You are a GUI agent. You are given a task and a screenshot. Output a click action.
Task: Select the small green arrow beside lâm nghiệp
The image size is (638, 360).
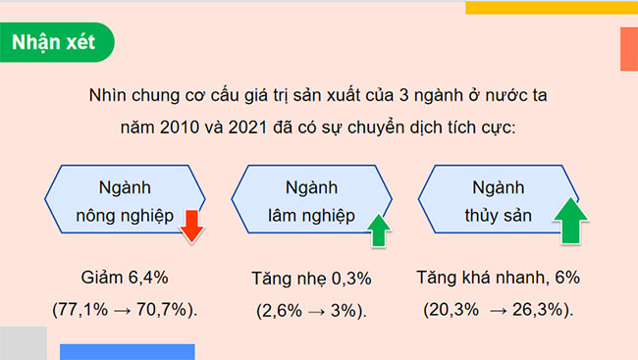point(379,229)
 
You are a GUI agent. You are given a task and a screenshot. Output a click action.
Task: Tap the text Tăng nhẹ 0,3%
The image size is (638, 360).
point(311,278)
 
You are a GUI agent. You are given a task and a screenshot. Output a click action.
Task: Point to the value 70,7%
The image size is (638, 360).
point(164,310)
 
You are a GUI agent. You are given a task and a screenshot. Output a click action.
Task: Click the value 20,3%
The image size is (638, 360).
point(453,310)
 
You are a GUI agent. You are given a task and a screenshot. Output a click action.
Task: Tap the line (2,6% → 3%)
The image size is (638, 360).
point(311,310)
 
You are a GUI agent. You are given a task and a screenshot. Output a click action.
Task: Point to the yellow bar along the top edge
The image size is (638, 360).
point(551,7)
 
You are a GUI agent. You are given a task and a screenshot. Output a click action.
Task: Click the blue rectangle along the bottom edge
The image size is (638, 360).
point(127,352)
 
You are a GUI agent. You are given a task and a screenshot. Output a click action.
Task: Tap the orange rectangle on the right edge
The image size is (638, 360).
point(629,49)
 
